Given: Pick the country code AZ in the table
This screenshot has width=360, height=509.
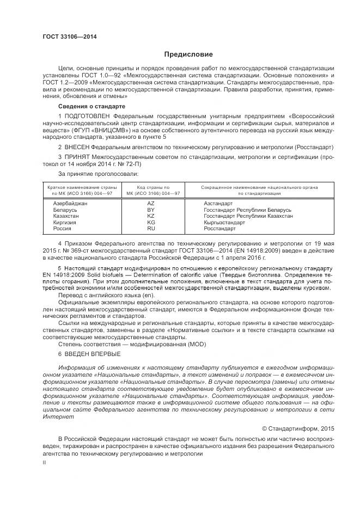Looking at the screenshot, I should pyautogui.click(x=151, y=203).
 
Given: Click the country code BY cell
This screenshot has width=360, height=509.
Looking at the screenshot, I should pyautogui.click(x=151, y=210).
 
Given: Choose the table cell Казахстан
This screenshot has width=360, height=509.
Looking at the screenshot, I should pyautogui.click(x=66, y=216).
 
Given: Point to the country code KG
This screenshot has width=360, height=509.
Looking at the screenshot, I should pyautogui.click(x=151, y=223).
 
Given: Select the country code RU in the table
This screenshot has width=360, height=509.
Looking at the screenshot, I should pyautogui.click(x=151, y=229).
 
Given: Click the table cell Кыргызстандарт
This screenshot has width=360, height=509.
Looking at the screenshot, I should pyautogui.click(x=224, y=223).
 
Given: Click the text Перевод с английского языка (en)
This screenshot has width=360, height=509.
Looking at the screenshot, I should pyautogui.click(x=100, y=295).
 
